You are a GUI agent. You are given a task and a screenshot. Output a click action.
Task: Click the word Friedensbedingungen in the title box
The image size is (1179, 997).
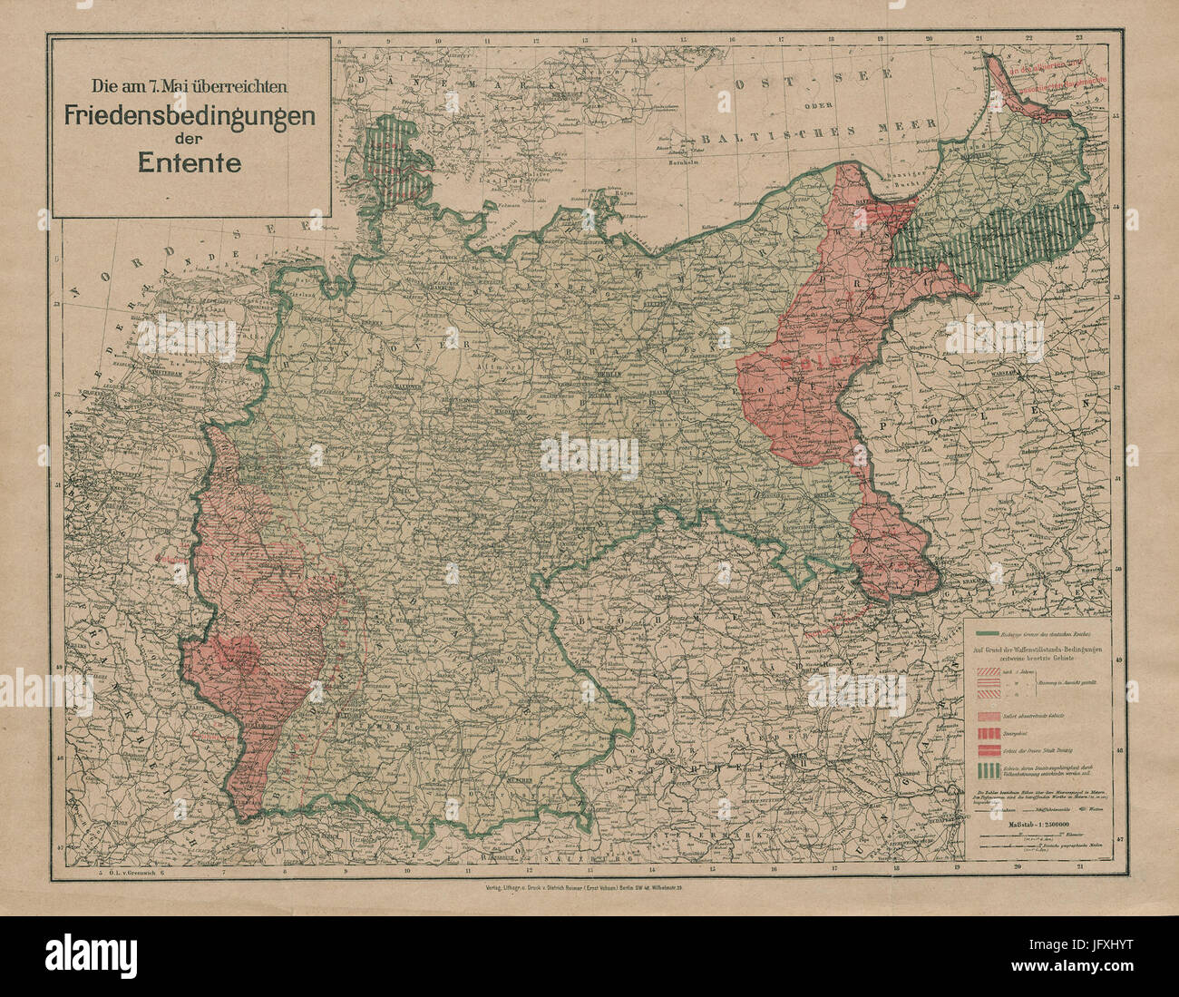pos(189,117)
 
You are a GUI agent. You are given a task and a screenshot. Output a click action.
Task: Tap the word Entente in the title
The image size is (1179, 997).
pos(189,162)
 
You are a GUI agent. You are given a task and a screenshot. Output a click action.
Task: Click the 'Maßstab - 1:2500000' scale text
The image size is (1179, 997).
pos(1043,825)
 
